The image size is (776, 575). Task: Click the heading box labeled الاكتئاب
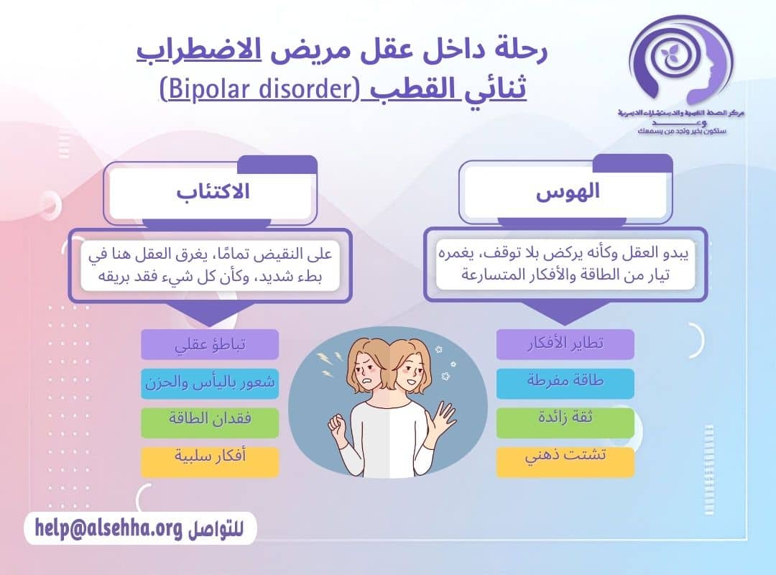(211, 193)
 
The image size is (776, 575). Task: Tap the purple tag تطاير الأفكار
(565, 344)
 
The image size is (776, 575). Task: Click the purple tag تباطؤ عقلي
(210, 344)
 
